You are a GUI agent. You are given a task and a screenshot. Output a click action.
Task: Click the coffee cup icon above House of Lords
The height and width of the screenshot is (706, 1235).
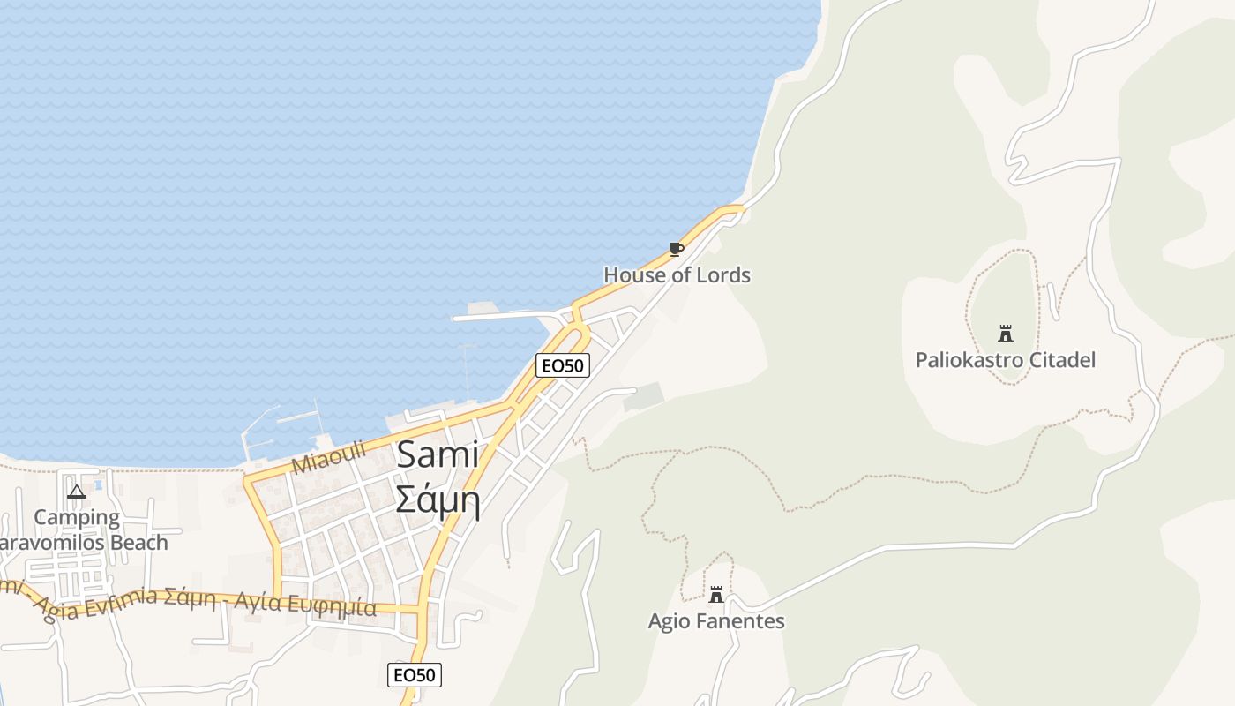tap(676, 250)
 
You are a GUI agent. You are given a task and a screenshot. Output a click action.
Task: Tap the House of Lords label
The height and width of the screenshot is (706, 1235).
tap(677, 275)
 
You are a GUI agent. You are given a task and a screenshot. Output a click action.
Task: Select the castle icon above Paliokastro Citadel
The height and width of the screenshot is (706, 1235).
tap(1005, 334)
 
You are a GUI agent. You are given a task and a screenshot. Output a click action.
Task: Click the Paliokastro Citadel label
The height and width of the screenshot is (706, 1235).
tap(1005, 360)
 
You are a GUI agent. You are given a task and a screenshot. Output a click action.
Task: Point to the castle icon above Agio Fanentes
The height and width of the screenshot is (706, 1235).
tap(716, 595)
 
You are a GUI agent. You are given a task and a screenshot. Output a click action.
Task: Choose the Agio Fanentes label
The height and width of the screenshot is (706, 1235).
tap(716, 621)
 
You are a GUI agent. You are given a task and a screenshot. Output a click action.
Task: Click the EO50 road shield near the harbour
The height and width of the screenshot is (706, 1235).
tap(562, 364)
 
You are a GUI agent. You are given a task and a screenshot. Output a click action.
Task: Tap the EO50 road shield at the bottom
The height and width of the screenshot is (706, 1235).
tap(414, 675)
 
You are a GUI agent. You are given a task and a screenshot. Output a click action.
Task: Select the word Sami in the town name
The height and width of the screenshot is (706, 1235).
tap(438, 455)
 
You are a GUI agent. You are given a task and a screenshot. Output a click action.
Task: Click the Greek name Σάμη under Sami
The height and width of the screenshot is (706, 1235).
tap(438, 500)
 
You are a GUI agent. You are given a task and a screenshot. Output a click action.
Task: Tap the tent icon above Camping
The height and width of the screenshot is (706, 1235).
tap(77, 492)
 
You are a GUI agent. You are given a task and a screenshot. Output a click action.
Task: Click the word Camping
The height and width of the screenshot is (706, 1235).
tap(77, 517)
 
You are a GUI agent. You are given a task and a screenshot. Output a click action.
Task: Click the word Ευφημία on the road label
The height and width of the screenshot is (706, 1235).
tap(334, 607)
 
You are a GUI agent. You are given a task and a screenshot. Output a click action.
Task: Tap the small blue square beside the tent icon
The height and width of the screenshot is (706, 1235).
tap(98, 484)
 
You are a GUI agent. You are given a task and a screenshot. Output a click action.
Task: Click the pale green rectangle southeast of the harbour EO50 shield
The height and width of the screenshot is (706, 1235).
tap(644, 396)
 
